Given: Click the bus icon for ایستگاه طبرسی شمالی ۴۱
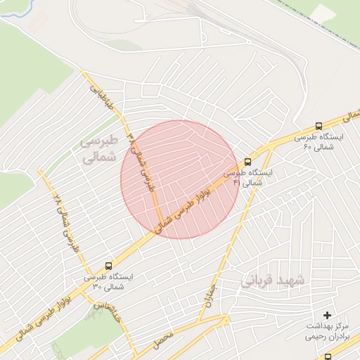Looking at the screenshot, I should point(247,162).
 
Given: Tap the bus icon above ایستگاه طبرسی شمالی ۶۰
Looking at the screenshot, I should point(319,127).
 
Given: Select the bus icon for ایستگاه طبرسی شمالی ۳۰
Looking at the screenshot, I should point(108,266).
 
